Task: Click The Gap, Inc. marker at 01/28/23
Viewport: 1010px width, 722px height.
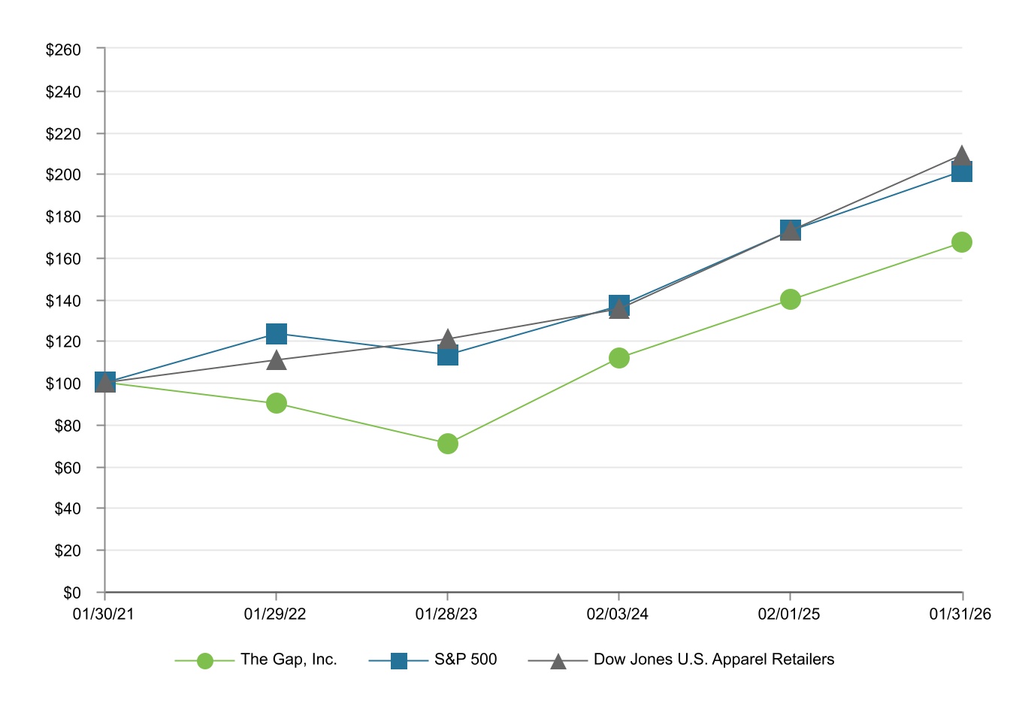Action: [448, 444]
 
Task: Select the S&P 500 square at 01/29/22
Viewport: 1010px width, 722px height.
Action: [277, 333]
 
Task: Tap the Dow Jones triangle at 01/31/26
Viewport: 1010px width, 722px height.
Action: [961, 156]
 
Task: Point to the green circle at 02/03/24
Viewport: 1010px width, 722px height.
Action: [619, 358]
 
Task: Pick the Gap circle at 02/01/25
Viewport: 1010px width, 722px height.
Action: [790, 299]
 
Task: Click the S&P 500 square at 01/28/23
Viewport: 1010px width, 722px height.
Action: [448, 355]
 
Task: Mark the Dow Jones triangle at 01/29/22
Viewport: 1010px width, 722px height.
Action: [277, 361]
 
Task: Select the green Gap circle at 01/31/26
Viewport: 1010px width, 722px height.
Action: [961, 242]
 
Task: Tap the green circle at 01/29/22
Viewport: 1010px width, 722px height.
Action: [277, 403]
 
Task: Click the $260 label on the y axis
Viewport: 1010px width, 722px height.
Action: [63, 50]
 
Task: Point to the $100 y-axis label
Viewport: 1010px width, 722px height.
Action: [63, 384]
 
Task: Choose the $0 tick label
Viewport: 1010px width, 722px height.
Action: [71, 593]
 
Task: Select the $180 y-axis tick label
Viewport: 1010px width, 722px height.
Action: [63, 217]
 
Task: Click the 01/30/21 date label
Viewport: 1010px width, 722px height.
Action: [104, 614]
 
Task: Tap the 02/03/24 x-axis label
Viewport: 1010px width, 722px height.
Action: [618, 614]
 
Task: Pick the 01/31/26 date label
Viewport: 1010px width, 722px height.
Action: [960, 614]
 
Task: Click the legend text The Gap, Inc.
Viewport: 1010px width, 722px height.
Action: [289, 660]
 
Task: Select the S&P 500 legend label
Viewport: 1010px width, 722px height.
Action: [466, 660]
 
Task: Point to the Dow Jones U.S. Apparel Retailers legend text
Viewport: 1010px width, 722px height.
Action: [714, 660]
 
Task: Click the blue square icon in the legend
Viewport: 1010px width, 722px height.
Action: [399, 661]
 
